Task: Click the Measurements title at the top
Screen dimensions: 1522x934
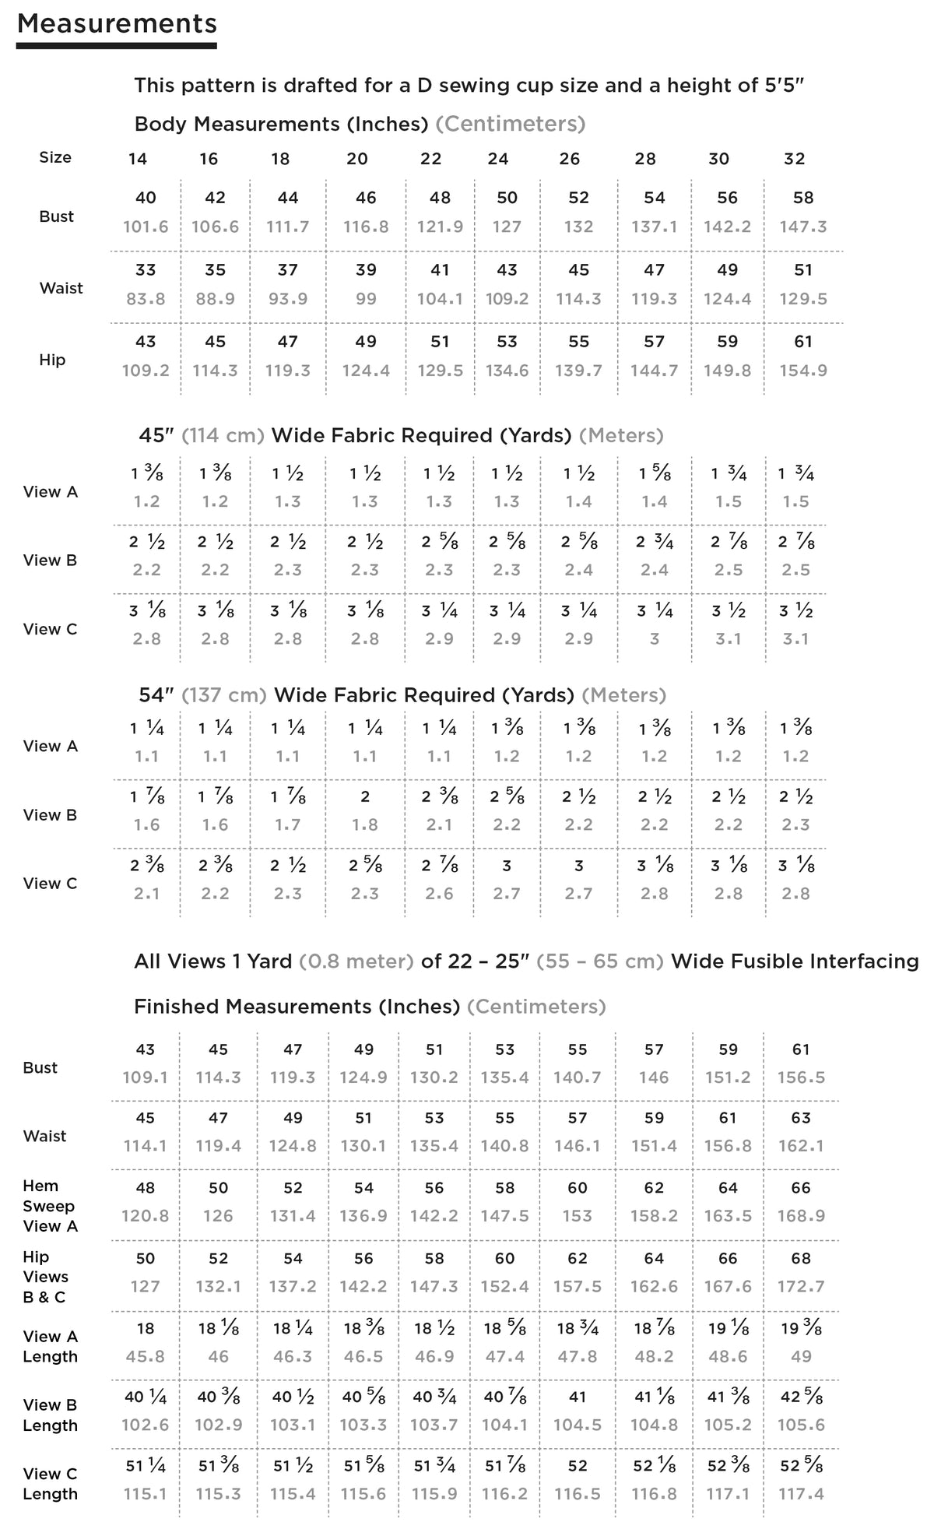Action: click(x=117, y=23)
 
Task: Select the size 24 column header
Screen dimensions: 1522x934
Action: click(x=498, y=159)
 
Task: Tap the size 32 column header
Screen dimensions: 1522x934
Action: click(x=794, y=159)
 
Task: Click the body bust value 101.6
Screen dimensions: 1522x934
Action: click(x=146, y=227)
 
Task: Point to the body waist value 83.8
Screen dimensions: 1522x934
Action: click(x=146, y=298)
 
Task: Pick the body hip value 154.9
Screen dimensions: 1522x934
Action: click(x=803, y=371)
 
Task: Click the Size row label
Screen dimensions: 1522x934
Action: click(x=55, y=157)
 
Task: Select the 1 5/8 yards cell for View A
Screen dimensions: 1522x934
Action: click(x=655, y=473)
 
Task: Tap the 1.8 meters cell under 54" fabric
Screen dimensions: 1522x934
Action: click(x=365, y=824)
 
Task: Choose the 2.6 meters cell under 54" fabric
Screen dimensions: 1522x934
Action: click(x=440, y=894)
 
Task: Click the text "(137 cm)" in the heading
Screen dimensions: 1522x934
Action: click(x=224, y=694)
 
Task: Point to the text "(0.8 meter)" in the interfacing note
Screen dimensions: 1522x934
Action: click(x=356, y=961)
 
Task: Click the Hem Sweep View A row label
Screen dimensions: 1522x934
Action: click(x=48, y=1206)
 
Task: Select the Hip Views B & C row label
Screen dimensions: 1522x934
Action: click(x=45, y=1277)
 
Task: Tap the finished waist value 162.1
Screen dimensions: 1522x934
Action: click(x=801, y=1146)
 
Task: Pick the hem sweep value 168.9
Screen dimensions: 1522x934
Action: click(x=801, y=1216)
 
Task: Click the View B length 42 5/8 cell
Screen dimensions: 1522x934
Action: click(x=801, y=1397)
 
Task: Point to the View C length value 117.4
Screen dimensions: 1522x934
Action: click(x=801, y=1494)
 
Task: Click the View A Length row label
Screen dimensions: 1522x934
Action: click(x=51, y=1346)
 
